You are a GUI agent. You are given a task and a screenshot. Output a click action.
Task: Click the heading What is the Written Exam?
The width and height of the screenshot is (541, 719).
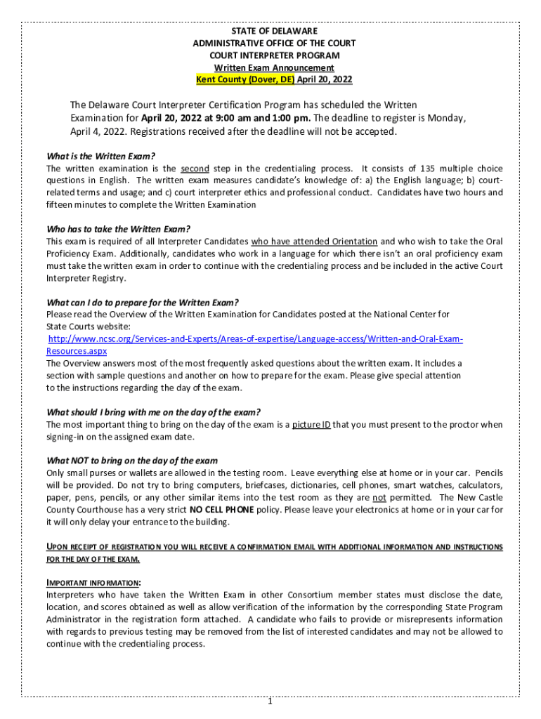(x=101, y=157)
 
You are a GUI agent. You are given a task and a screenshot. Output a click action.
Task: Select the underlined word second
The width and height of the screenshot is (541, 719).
(x=195, y=169)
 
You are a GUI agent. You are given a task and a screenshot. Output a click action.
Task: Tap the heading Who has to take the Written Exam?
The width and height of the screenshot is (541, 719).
(x=118, y=229)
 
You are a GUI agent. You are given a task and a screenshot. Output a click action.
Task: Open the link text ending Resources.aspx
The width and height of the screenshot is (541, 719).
(x=77, y=351)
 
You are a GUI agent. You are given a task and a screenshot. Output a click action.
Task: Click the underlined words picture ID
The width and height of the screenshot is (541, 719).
(x=311, y=424)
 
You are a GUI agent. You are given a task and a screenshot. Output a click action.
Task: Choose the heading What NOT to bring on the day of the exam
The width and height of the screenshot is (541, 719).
(x=132, y=461)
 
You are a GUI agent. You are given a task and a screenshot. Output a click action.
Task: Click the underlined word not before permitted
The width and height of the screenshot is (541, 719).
(x=384, y=497)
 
